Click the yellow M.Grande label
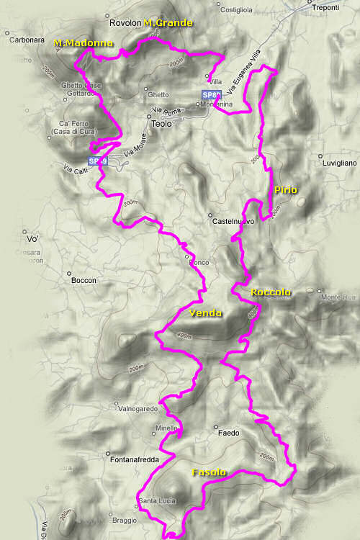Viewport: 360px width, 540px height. pos(168,23)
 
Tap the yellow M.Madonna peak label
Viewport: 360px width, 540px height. pos(84,43)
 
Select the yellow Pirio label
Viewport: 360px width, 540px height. pos(285,189)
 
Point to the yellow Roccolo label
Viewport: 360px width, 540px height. pos(271,292)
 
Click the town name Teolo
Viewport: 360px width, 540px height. pos(162,124)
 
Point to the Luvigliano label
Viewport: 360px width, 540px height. pos(339,163)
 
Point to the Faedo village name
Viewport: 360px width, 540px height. pos(228,433)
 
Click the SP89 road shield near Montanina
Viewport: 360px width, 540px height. pos(210,94)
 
